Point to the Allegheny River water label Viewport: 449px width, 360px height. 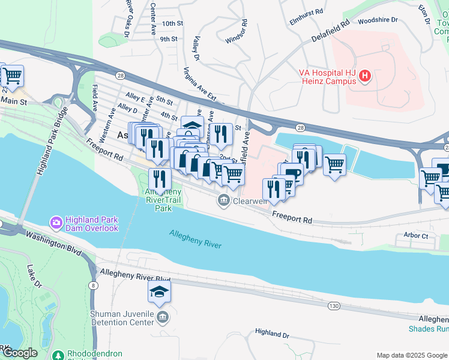(195, 239)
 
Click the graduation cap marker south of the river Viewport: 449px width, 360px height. (159, 292)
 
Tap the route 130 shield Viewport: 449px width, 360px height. (334, 307)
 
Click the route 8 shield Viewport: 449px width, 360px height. (94, 285)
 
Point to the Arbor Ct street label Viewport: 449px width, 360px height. (416, 236)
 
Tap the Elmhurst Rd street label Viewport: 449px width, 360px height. (306, 11)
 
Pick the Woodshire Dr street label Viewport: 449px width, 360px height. (378, 20)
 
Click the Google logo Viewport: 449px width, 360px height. (20, 353)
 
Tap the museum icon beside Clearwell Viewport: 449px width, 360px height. (224, 200)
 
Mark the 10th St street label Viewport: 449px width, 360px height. (172, 23)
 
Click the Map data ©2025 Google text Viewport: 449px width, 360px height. (411, 355)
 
